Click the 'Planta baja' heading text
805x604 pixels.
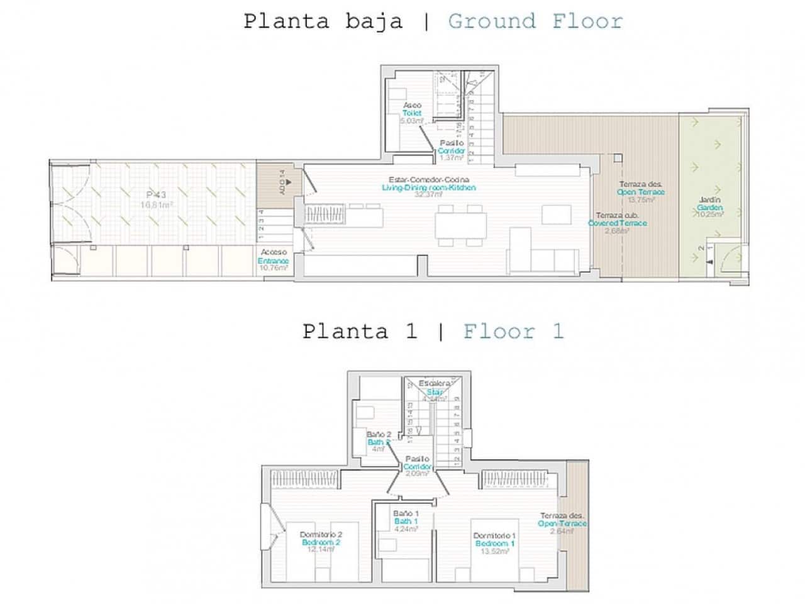click(x=323, y=21)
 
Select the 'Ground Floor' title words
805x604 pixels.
click(x=535, y=21)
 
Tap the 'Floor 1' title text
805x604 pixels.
click(x=513, y=331)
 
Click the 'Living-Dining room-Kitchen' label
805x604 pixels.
click(x=429, y=187)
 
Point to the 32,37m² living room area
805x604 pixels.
click(x=429, y=195)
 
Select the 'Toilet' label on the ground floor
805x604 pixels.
click(x=412, y=113)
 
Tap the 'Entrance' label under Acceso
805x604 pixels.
click(x=273, y=260)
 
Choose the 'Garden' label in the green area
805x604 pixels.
click(x=710, y=208)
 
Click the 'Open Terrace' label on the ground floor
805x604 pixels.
click(x=640, y=192)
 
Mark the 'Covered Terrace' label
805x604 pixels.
click(x=617, y=223)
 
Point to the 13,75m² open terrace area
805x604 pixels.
click(x=641, y=199)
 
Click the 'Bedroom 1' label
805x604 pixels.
click(x=495, y=544)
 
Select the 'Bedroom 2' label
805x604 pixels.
click(x=321, y=542)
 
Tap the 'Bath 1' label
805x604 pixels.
click(x=406, y=521)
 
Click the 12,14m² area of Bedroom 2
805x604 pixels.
click(x=321, y=549)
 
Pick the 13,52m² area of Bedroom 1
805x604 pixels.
click(x=495, y=551)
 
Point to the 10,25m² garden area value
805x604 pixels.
click(x=710, y=215)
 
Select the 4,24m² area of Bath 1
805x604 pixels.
click(x=406, y=528)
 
